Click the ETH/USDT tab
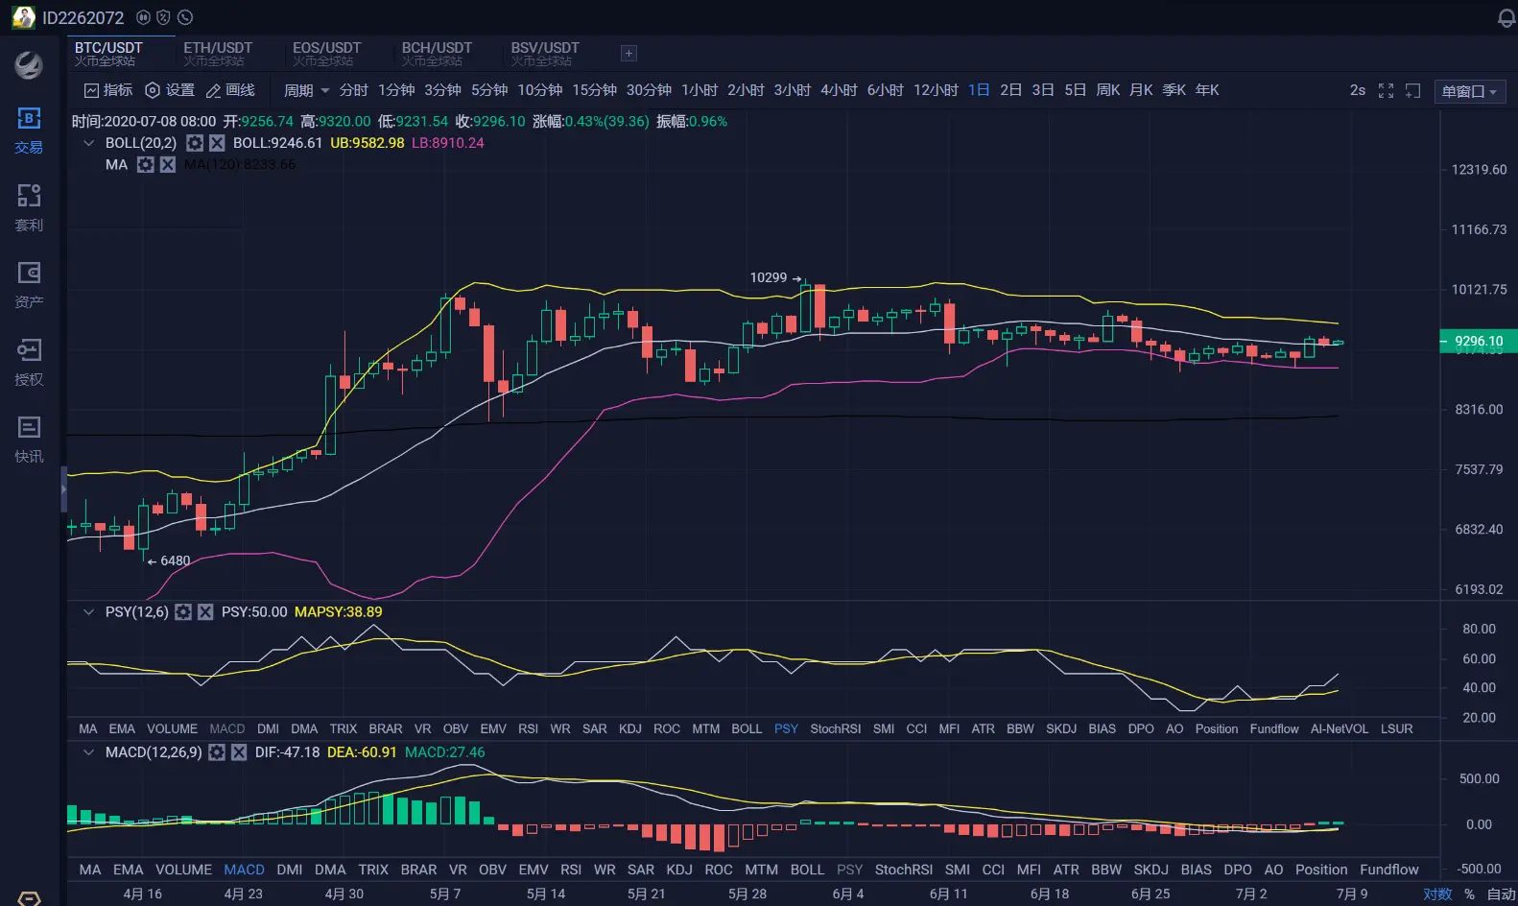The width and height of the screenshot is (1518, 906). tap(218, 54)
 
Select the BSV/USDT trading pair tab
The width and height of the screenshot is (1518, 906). tap(545, 54)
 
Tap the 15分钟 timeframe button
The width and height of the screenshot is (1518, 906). tap(594, 90)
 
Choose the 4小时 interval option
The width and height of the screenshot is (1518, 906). tap(839, 90)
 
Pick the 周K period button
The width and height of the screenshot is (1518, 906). tap(1108, 90)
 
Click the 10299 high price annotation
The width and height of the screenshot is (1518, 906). tap(769, 277)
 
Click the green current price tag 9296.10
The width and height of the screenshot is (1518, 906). tap(1478, 341)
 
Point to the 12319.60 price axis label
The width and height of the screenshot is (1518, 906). tap(1479, 170)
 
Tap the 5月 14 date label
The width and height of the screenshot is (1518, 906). tap(546, 894)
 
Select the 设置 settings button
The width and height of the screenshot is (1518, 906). tap(170, 90)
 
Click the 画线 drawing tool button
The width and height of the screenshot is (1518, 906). tap(230, 90)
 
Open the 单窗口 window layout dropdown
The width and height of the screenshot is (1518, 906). tap(1469, 91)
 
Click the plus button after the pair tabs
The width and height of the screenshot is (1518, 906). tap(629, 54)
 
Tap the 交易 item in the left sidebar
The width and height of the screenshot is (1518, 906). tap(29, 130)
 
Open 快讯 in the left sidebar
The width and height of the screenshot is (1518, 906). tap(29, 439)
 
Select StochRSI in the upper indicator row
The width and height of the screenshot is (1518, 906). tap(835, 728)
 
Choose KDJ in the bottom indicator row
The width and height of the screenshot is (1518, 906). tap(679, 870)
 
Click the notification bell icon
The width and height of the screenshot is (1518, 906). tap(1506, 18)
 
